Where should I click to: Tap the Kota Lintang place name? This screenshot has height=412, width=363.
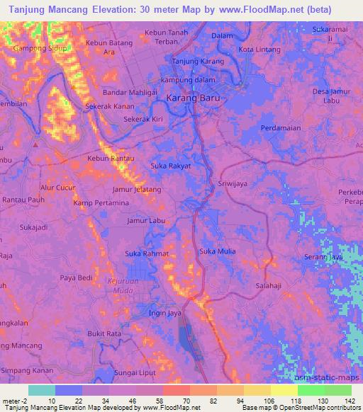pos(260,50)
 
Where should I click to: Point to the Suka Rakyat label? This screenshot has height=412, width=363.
pos(170,166)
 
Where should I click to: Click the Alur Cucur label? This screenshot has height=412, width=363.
pos(57,188)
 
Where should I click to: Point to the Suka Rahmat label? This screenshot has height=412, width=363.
pos(146,253)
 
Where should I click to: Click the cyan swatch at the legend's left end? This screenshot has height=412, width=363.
pos(42,390)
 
